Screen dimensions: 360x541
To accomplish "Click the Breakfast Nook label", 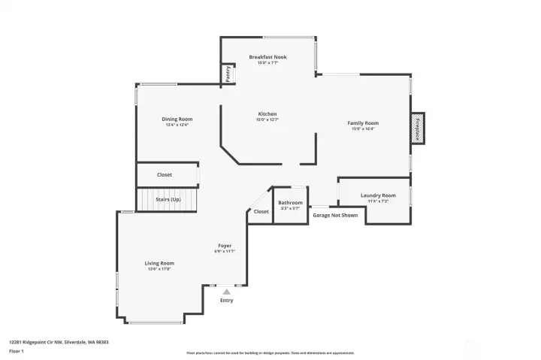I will click(x=267, y=57).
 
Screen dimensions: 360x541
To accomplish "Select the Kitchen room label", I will click(x=267, y=114).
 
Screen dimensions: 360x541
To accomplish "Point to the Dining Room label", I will click(x=177, y=119).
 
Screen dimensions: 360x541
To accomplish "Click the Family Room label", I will click(x=362, y=123).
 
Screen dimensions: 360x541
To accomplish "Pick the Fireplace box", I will click(x=417, y=128).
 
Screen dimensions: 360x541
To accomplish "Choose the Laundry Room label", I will click(x=378, y=195).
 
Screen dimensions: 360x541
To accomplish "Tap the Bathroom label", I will click(x=290, y=202).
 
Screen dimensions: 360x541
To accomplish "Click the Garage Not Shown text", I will click(x=335, y=215).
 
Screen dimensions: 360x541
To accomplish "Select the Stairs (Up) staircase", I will click(x=168, y=200).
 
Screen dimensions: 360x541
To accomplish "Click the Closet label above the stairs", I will click(x=164, y=174).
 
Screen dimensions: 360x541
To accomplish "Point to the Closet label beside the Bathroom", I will click(x=261, y=212).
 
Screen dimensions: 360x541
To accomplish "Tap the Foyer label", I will click(x=225, y=246).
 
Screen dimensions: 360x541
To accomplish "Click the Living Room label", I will click(x=159, y=263).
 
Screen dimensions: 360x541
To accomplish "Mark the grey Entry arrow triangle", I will click(x=226, y=291).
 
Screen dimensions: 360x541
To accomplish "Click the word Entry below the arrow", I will click(x=226, y=301).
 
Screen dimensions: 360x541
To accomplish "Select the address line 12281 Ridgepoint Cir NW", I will click(x=59, y=342).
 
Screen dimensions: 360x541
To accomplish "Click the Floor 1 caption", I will click(x=17, y=351).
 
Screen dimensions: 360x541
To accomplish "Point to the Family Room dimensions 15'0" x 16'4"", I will click(x=362, y=129).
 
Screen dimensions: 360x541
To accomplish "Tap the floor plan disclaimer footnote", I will click(x=270, y=352).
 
